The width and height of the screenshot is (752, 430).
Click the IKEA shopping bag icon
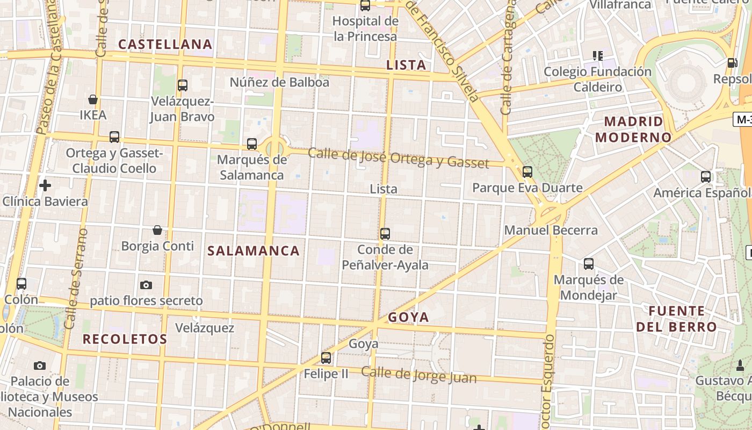coord(93,99)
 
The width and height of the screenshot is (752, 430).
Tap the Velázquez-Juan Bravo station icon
coord(183,85)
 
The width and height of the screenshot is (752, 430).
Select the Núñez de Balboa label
coord(279,82)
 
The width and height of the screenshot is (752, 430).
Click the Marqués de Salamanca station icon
coord(252,144)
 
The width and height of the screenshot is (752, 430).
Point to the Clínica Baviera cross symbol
coord(45,185)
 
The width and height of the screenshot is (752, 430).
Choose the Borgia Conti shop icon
coord(157,230)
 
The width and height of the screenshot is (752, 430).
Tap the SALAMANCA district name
coord(254,251)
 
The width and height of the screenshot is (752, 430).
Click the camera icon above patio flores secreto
coord(146,285)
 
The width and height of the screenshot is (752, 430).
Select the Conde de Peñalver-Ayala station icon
coord(385,234)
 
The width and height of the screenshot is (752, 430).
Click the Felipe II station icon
coord(326,357)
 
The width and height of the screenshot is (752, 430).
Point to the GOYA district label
coord(409,317)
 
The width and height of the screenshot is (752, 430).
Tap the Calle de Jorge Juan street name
coord(419,375)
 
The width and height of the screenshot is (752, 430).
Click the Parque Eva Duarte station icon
coord(527,172)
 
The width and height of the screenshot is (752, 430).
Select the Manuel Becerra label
coord(551,231)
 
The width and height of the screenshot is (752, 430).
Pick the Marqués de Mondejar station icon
coord(589,264)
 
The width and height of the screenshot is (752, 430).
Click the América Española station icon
coord(706,176)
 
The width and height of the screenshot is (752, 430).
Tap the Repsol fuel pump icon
coord(732,63)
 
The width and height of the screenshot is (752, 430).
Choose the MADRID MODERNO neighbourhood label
coord(633,129)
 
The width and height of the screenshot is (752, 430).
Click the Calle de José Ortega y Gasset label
coord(399,158)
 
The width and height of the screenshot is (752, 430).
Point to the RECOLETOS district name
coord(125,339)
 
